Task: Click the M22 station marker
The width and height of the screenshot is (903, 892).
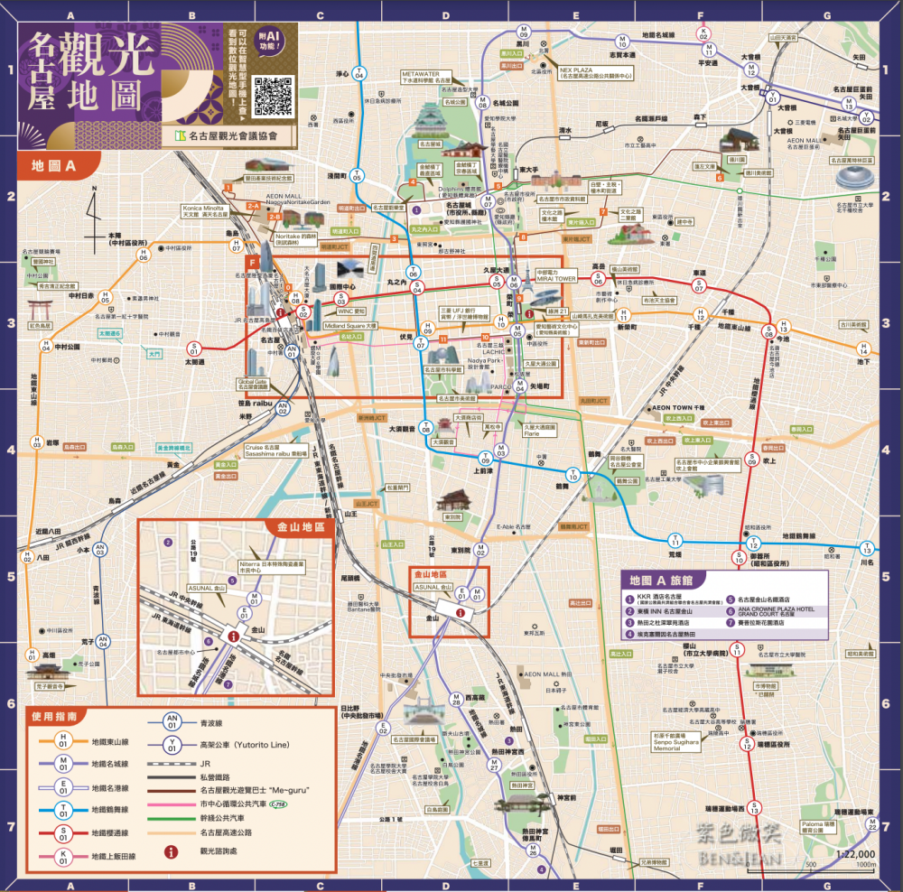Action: click(872, 823)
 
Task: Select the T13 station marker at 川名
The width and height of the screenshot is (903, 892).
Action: click(867, 548)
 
